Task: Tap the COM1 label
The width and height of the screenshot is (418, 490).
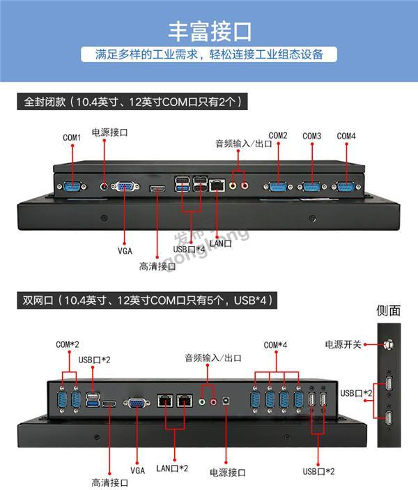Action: (72, 138)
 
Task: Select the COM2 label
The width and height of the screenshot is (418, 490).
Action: (278, 135)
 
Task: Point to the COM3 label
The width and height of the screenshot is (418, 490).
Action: (312, 136)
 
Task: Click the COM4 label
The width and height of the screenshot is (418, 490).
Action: (346, 136)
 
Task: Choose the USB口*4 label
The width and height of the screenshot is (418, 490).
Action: (188, 250)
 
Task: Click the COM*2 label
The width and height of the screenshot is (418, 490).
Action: (68, 344)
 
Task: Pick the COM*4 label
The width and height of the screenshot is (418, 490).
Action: (275, 345)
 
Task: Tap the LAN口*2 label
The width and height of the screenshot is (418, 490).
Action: (172, 468)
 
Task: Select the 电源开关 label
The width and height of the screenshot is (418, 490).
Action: (343, 344)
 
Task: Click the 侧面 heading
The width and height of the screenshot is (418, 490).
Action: (388, 310)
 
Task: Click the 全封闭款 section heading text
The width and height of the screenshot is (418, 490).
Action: (132, 102)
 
